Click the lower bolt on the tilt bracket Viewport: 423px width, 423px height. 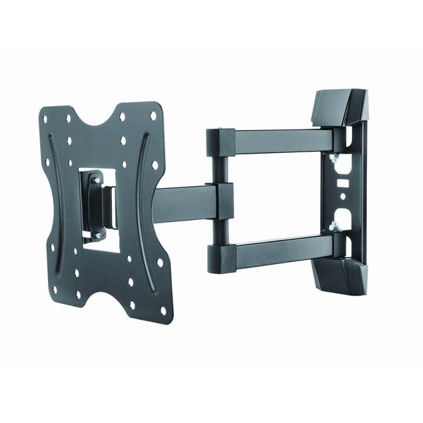point(97,235)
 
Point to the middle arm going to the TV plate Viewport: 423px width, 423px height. point(183,204)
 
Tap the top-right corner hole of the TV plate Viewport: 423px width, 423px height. point(154,116)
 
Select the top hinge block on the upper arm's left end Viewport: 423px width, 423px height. point(220,141)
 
